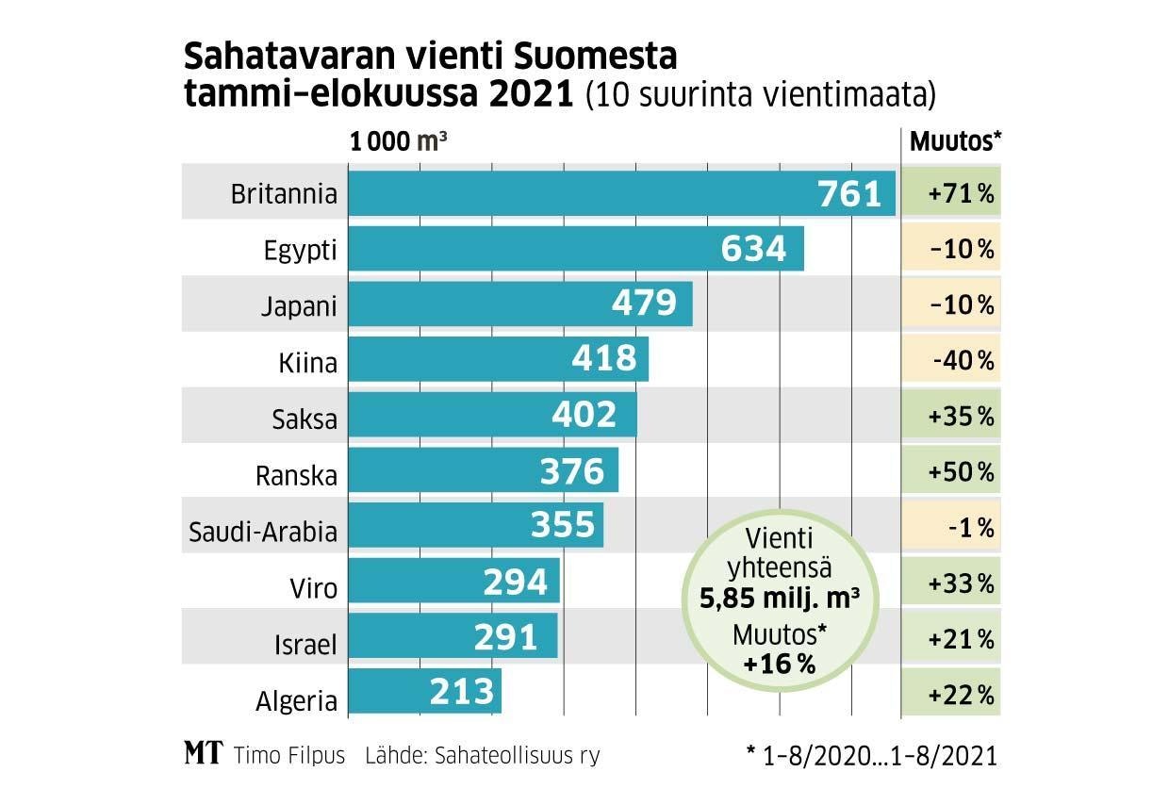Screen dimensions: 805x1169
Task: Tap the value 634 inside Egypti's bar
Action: point(753,249)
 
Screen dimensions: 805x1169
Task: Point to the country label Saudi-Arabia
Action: point(263,532)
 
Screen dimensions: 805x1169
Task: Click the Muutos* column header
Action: point(954,141)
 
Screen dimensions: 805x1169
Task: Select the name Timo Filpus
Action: point(288,755)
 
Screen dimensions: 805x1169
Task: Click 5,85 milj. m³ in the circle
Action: point(780,598)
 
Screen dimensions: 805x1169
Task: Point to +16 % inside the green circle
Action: point(779,663)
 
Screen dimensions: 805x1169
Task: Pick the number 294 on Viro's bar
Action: point(515,583)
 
